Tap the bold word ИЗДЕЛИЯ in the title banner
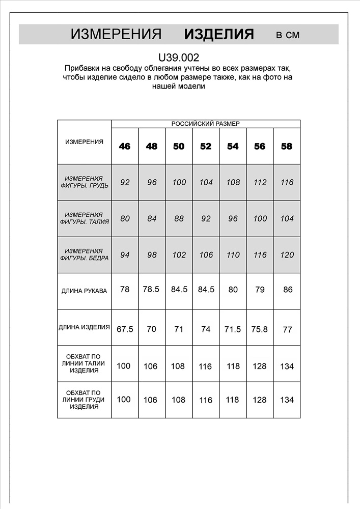click(x=219, y=35)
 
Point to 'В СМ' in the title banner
click(x=288, y=35)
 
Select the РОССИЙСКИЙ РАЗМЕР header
click(x=206, y=124)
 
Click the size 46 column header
click(x=125, y=147)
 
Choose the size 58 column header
click(x=287, y=147)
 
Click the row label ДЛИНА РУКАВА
click(x=84, y=291)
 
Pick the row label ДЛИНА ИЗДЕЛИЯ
click(x=84, y=327)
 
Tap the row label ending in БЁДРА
click(x=84, y=254)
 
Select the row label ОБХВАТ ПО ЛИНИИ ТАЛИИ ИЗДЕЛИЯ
click(x=84, y=363)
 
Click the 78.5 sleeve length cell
click(x=151, y=289)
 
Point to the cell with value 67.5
click(x=125, y=329)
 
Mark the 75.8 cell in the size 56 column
click(x=260, y=329)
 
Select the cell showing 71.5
click(x=232, y=329)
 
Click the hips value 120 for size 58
click(x=287, y=255)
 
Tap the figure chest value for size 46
click(x=125, y=182)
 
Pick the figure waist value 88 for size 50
click(x=179, y=219)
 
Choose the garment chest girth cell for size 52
click(x=206, y=400)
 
